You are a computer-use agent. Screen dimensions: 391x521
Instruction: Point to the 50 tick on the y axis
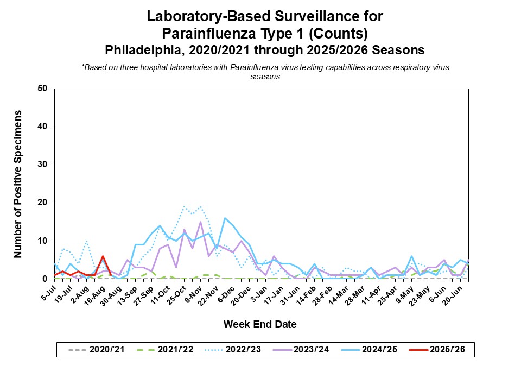pyautogui.click(x=43, y=89)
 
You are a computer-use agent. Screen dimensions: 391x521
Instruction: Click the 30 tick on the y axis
pyautogui.click(x=43, y=165)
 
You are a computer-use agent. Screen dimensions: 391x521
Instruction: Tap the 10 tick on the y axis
pyautogui.click(x=43, y=241)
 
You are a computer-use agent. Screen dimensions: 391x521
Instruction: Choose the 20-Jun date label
pyautogui.click(x=453, y=290)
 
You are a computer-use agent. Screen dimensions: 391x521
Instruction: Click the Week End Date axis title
pyautogui.click(x=260, y=325)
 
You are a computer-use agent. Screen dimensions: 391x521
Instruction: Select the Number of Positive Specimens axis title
pyautogui.click(x=18, y=184)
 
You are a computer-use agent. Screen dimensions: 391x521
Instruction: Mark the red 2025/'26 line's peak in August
pyautogui.click(x=103, y=256)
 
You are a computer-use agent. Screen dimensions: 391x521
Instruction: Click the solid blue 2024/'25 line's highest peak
pyautogui.click(x=225, y=218)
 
